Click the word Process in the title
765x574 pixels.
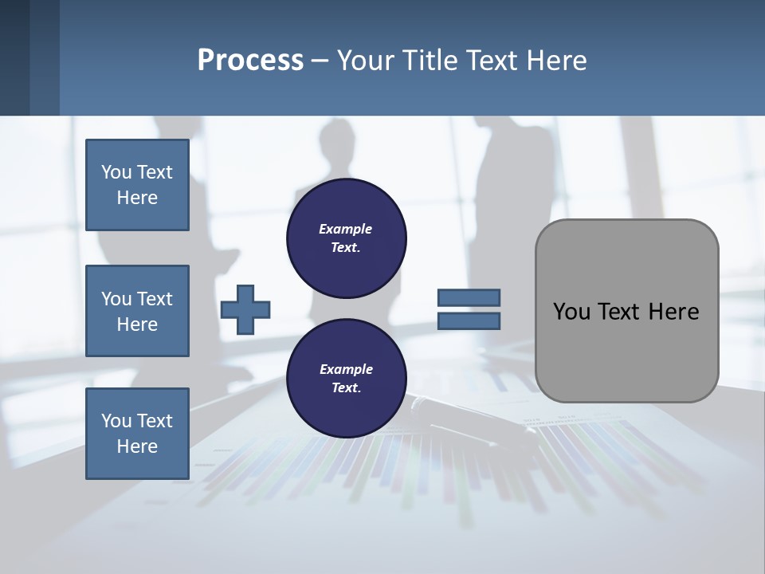(x=250, y=61)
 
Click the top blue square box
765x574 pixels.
(x=137, y=185)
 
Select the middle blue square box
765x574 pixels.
(x=137, y=311)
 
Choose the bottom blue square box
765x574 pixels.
(x=137, y=434)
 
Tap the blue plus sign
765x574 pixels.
(x=245, y=309)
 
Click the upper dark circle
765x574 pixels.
(x=347, y=238)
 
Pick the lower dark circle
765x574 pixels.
(x=347, y=379)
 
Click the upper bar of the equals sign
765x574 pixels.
(x=469, y=297)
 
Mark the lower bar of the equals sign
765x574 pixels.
(x=469, y=321)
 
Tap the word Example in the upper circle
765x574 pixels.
(x=346, y=229)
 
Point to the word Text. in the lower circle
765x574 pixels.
(x=346, y=388)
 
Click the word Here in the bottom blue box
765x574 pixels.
(x=137, y=446)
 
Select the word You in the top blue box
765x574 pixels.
(x=116, y=172)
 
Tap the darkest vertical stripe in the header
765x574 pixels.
(x=14, y=57)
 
